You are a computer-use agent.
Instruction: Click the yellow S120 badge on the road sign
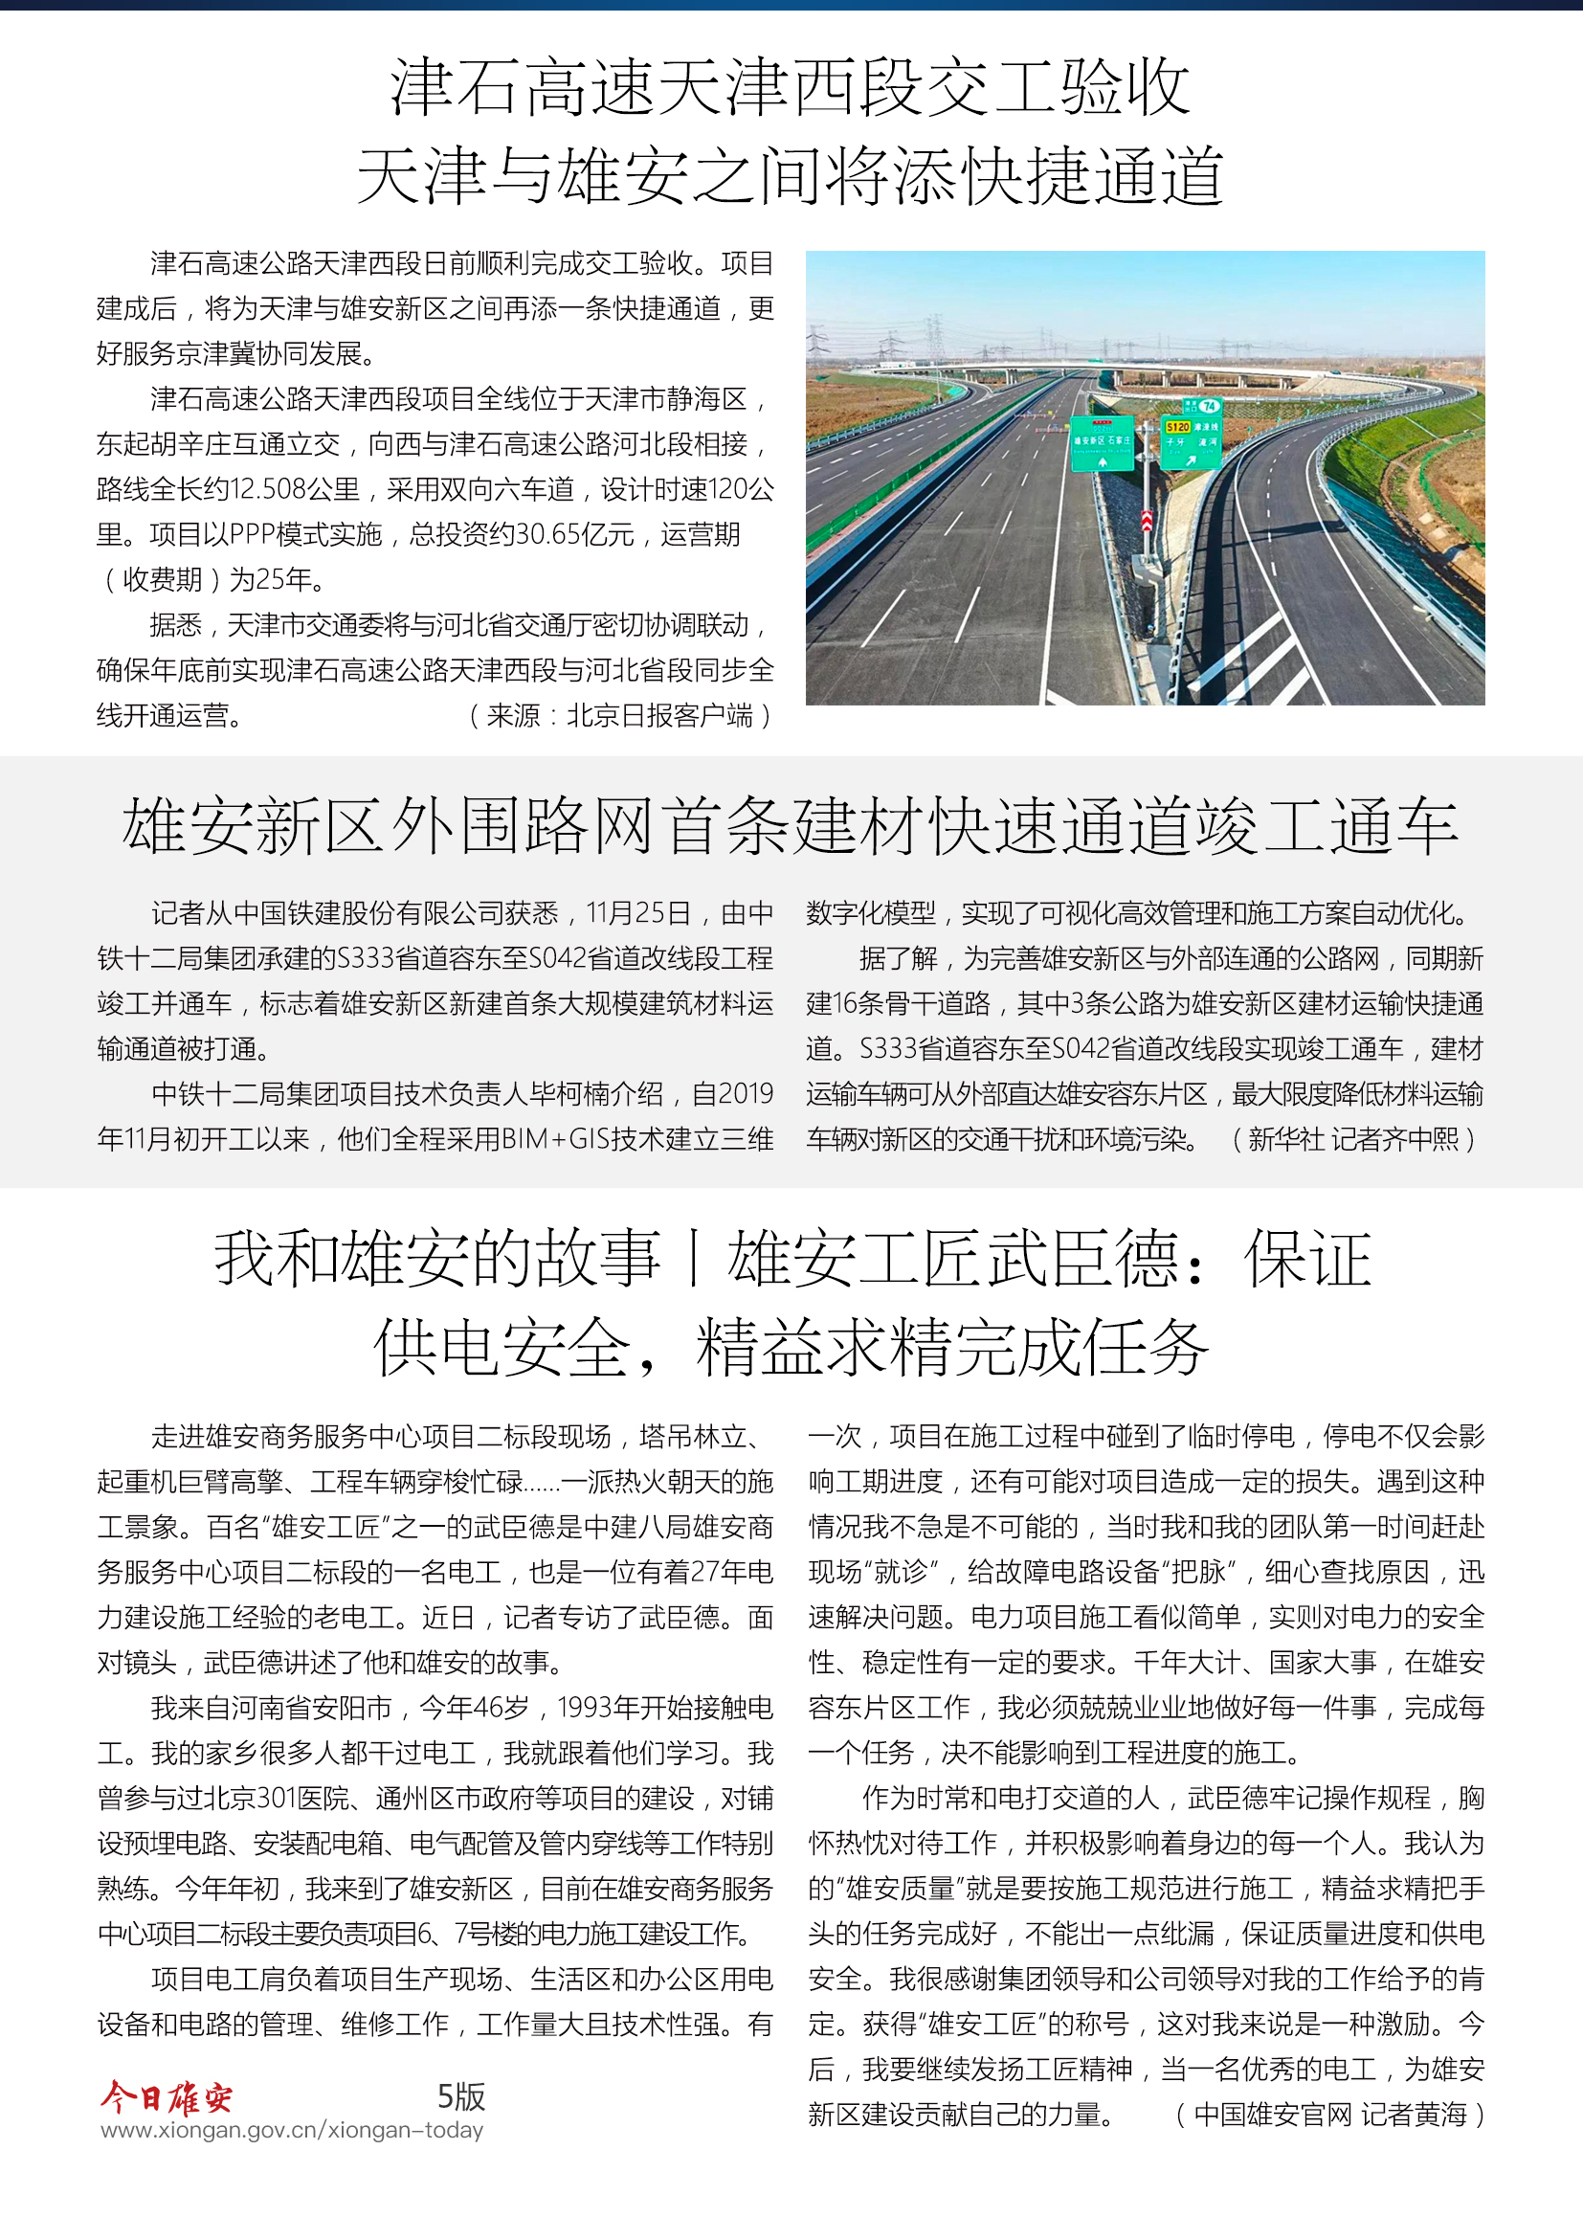(1178, 427)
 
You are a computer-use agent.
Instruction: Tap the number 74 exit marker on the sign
(1209, 406)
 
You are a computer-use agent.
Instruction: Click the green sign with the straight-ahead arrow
(1103, 443)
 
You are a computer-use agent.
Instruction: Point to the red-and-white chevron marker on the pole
(1148, 521)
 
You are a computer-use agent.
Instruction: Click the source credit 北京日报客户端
(660, 716)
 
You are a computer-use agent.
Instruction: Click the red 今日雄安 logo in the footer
(167, 2096)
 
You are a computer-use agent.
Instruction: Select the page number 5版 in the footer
(461, 2096)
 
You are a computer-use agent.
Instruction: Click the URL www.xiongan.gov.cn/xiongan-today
(292, 2130)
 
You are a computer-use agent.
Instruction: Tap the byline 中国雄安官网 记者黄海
(1329, 2115)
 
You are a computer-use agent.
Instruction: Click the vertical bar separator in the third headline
(693, 1259)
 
